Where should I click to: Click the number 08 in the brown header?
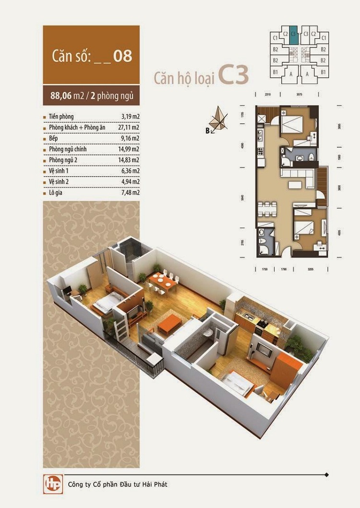(x=122, y=56)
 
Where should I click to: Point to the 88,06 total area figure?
(x=61, y=95)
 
